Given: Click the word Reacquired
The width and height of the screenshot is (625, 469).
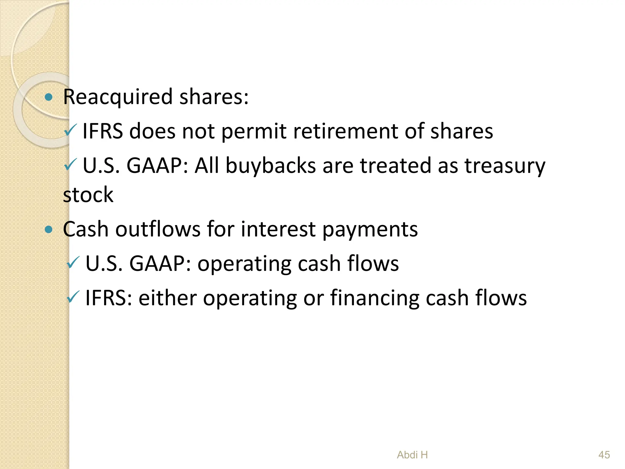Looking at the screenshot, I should coord(118,97).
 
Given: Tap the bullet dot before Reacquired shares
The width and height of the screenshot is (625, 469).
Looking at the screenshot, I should coord(49,97).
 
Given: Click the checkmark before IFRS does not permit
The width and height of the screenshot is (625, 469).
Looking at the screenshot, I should coord(71,130).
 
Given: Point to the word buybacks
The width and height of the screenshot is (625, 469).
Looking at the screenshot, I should coord(270,166).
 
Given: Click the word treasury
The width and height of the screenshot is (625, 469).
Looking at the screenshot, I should coord(505,166).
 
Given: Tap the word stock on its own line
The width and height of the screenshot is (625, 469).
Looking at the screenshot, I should coord(88,195).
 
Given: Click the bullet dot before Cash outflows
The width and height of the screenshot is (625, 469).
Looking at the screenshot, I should coord(49,229).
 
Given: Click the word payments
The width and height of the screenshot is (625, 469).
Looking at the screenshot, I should coord(370,229).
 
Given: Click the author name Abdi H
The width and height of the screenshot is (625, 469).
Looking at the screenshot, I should coord(412,455).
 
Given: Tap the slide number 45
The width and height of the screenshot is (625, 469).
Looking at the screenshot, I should coord(604,455).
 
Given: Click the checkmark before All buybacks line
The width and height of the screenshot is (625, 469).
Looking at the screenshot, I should coord(71,165).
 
